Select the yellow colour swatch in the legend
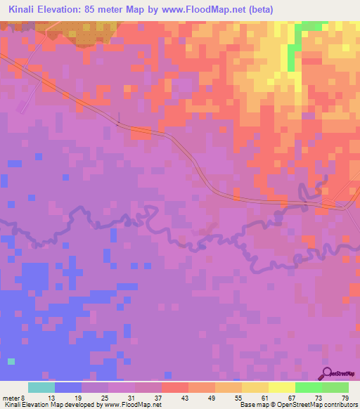282,387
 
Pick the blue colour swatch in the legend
68,387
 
